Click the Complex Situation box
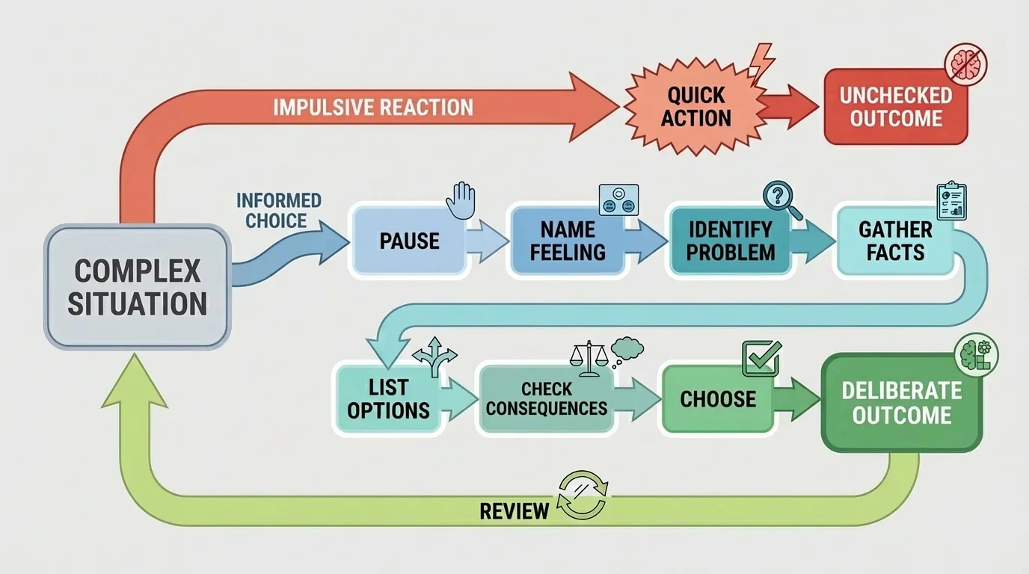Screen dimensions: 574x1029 (x=137, y=288)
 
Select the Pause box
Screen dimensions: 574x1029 (x=408, y=241)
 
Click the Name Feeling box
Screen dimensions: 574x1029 (x=568, y=241)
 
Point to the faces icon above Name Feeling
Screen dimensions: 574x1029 (x=618, y=200)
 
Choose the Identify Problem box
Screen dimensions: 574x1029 (x=730, y=241)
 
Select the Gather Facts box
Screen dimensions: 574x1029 (x=895, y=241)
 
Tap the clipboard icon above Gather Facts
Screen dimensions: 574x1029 (x=951, y=200)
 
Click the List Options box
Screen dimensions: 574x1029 (x=388, y=398)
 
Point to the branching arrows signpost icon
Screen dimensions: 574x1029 (x=433, y=357)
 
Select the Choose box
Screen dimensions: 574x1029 (x=717, y=398)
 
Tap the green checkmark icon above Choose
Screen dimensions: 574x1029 (x=761, y=358)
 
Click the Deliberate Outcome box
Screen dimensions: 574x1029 (x=901, y=403)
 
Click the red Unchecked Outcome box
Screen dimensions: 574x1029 (x=895, y=107)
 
